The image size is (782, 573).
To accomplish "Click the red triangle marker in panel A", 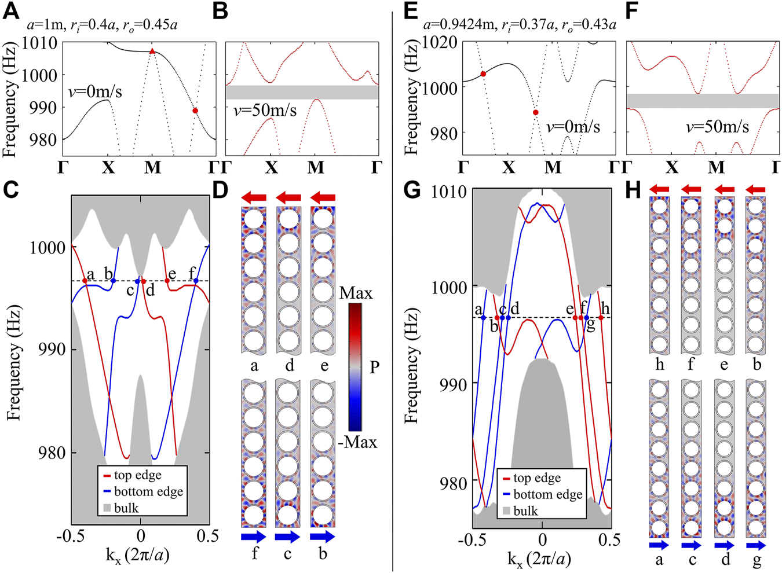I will click(x=152, y=52).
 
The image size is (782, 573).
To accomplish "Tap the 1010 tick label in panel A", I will click(x=39, y=43).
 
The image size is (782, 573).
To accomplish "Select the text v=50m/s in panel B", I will click(x=265, y=110).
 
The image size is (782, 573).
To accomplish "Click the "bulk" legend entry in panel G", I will click(x=525, y=511).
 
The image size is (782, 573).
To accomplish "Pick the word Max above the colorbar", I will click(x=356, y=293).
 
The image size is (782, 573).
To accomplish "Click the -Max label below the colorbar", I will click(x=357, y=442).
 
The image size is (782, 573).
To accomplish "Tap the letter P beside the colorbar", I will click(x=374, y=367).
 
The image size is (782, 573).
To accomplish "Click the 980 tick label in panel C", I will click(x=51, y=453).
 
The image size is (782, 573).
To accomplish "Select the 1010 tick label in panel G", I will click(x=449, y=192).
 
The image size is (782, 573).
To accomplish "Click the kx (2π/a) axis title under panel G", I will click(x=539, y=559).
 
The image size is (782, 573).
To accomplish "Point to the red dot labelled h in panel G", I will click(x=601, y=318).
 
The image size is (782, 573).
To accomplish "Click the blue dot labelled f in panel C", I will click(x=196, y=281).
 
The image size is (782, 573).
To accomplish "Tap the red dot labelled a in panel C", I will click(x=85, y=281).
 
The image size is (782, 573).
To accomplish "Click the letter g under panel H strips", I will click(x=757, y=560).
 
